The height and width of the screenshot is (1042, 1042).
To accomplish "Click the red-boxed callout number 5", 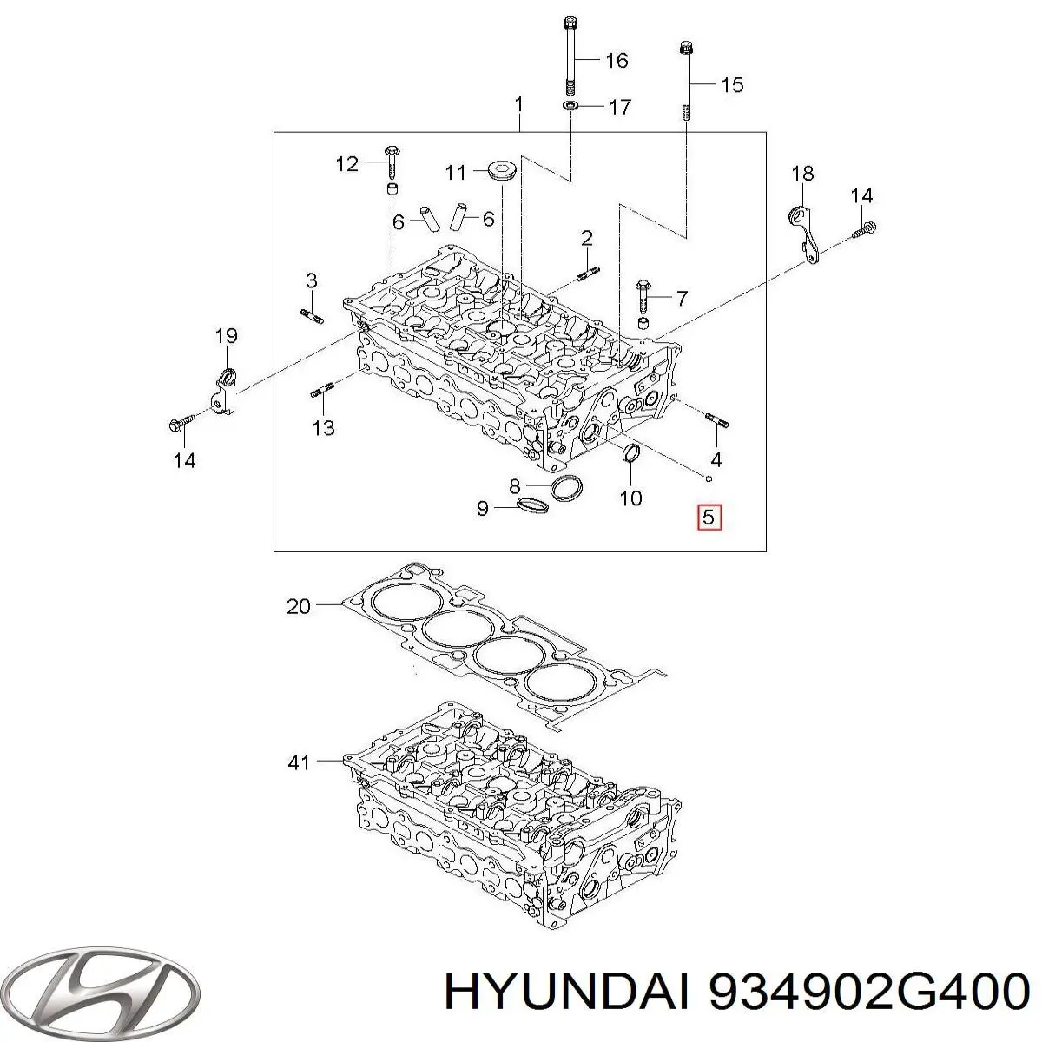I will pyautogui.click(x=708, y=518).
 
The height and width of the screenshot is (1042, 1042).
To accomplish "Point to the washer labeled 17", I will pyautogui.click(x=569, y=106).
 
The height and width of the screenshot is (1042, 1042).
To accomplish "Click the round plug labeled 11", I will pyautogui.click(x=501, y=170).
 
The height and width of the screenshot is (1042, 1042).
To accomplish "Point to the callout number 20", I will pyautogui.click(x=298, y=606).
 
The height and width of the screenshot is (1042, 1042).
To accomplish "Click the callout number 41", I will pyautogui.click(x=298, y=763).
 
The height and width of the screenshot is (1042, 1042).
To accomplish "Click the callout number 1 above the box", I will pyautogui.click(x=518, y=106).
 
